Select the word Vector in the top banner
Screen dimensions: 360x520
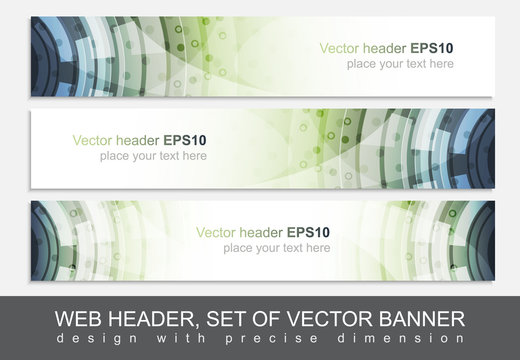tap(339, 47)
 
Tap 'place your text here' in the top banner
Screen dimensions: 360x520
tap(400, 64)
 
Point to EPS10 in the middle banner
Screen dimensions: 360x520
tap(186, 139)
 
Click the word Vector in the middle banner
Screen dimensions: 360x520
tap(91, 139)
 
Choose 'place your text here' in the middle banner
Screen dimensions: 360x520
tap(153, 156)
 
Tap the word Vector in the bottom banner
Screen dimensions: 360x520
tap(215, 232)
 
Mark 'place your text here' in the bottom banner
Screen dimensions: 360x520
tap(276, 248)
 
